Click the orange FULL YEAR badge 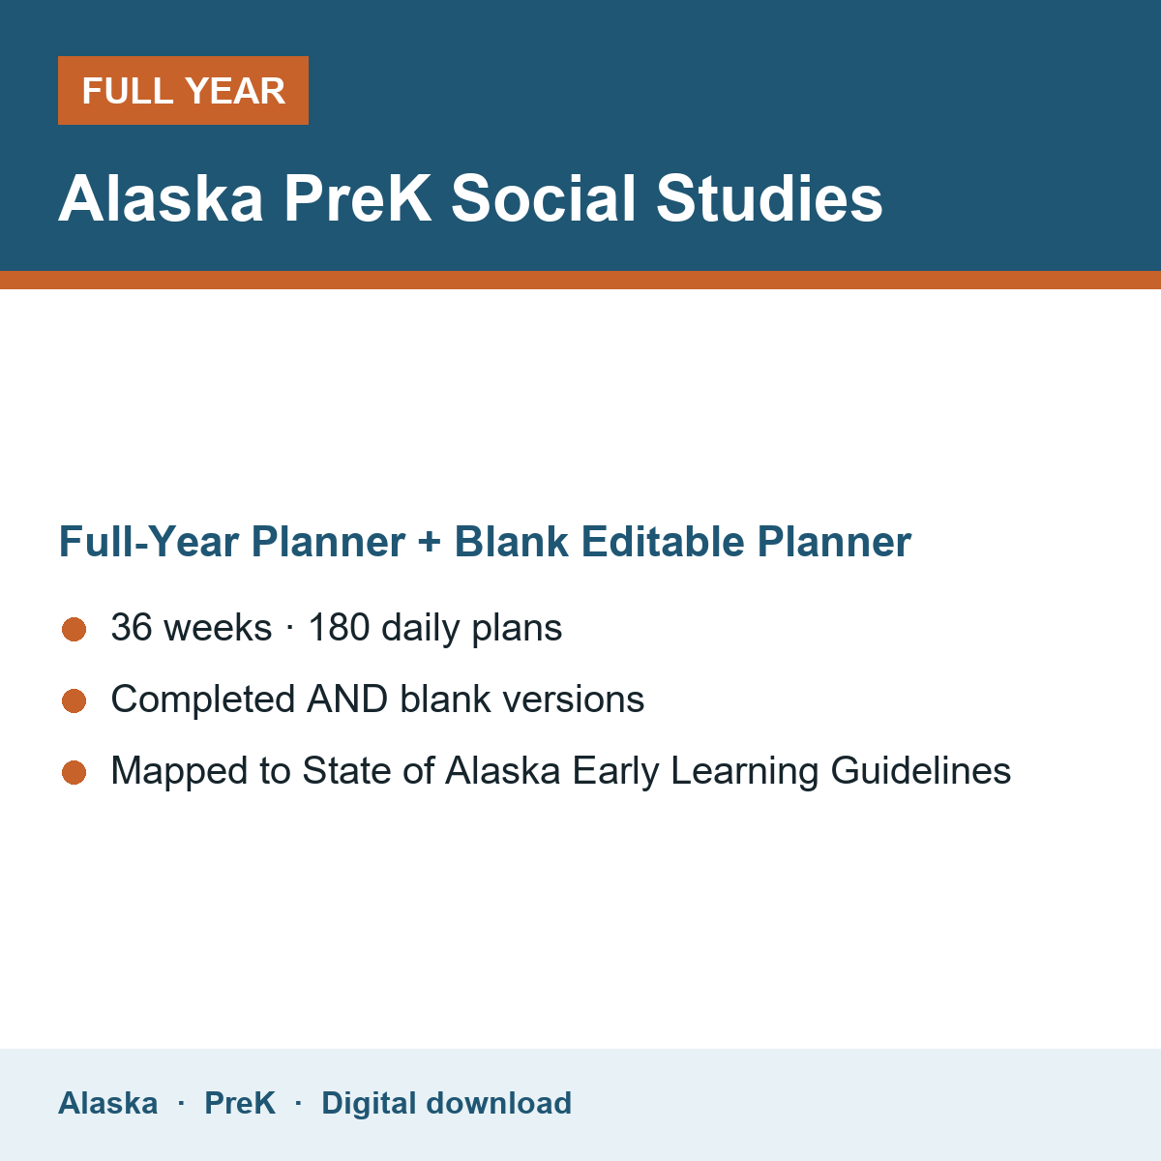pyautogui.click(x=183, y=90)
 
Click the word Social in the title pyautogui.click(x=544, y=198)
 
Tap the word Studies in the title pyautogui.click(x=769, y=198)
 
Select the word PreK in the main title pyautogui.click(x=357, y=198)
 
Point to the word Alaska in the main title pyautogui.click(x=161, y=198)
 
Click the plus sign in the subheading pyautogui.click(x=429, y=542)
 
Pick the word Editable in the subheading pyautogui.click(x=662, y=542)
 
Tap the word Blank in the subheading pyautogui.click(x=511, y=542)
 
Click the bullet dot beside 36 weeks pyautogui.click(x=74, y=630)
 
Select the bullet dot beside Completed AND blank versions pyautogui.click(x=74, y=701)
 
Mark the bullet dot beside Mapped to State pyautogui.click(x=74, y=773)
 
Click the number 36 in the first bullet pyautogui.click(x=132, y=627)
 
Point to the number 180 pyautogui.click(x=339, y=627)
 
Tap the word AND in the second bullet pyautogui.click(x=347, y=699)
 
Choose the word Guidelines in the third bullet pyautogui.click(x=921, y=770)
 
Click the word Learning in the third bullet pyautogui.click(x=744, y=770)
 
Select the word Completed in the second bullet pyautogui.click(x=203, y=699)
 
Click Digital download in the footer pyautogui.click(x=446, y=1103)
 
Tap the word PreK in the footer pyautogui.click(x=240, y=1103)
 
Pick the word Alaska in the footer pyautogui.click(x=107, y=1103)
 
